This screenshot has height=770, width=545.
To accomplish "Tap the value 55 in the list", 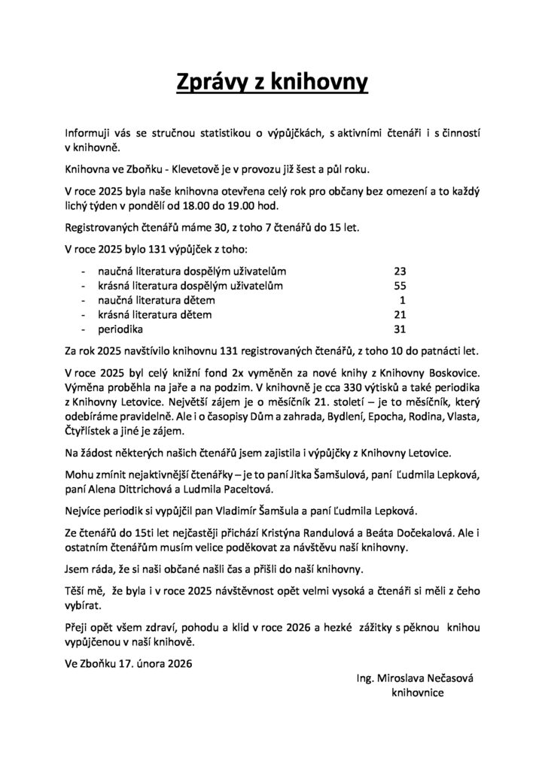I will [400, 285].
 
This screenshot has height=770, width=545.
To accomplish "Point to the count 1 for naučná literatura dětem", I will [403, 300].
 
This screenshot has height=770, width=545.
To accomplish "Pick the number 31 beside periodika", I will [400, 329].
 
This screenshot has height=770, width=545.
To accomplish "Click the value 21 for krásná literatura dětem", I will [400, 314].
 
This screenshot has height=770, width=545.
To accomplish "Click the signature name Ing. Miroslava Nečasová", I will [418, 679].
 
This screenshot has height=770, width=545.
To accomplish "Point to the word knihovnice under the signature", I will [418, 694].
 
